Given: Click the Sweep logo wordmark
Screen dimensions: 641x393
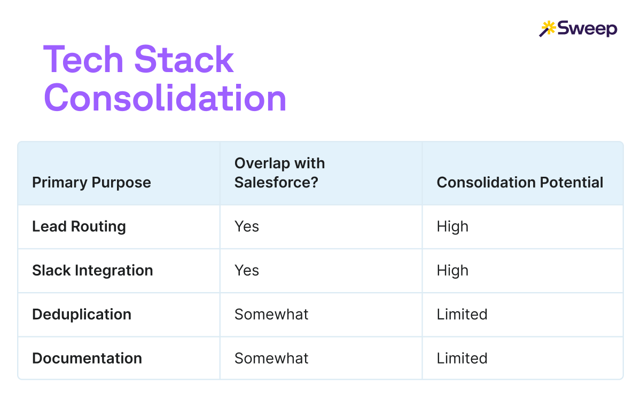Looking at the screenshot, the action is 587,29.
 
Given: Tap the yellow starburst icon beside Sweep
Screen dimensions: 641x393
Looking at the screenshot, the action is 548,28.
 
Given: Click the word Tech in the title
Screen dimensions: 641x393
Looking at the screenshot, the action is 83,59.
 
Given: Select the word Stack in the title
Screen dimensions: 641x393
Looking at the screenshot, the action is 184,59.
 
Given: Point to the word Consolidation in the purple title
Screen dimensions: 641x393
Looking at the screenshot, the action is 165,98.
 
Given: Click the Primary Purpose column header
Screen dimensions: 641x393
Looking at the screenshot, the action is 91,183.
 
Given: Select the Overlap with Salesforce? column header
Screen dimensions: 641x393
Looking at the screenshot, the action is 279,173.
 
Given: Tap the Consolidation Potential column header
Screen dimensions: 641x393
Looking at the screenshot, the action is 520,183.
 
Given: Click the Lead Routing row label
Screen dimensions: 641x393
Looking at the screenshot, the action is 79,226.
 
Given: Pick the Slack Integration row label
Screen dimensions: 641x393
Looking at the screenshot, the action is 92,271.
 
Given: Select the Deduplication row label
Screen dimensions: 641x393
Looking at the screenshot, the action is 82,315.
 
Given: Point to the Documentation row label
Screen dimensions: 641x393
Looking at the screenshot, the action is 87,358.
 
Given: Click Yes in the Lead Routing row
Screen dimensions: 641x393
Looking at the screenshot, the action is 247,226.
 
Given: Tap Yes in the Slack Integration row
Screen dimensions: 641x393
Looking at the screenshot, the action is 247,271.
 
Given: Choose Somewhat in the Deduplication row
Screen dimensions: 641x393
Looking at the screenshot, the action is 271,315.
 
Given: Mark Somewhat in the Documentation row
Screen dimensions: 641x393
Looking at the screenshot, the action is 271,358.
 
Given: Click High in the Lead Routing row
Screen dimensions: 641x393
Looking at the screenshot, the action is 452,227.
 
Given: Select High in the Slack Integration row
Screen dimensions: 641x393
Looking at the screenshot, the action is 452,271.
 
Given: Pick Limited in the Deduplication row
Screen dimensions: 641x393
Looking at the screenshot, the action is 462,315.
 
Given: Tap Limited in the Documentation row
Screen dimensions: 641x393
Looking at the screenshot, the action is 462,358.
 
